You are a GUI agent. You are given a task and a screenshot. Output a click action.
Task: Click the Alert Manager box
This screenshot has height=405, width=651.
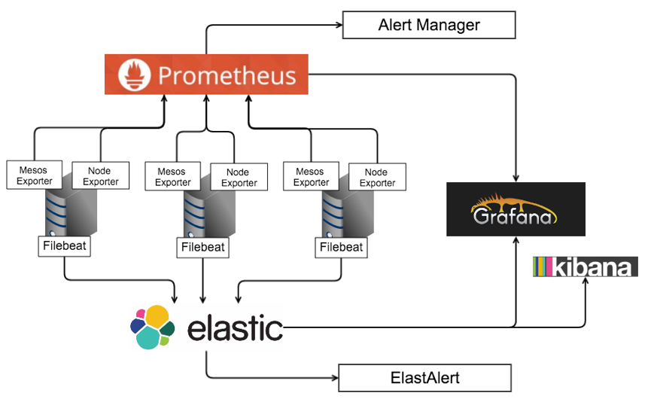tap(429, 25)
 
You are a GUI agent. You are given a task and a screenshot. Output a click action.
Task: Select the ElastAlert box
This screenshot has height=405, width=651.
tap(424, 378)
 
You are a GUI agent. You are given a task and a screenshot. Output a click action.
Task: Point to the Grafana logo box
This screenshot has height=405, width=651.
tap(516, 209)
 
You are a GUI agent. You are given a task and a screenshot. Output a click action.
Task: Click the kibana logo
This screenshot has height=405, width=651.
tap(585, 266)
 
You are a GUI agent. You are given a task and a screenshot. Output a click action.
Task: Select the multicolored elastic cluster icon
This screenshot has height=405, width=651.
tap(152, 327)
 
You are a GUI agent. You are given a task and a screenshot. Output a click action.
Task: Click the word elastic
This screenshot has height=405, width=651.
tap(235, 327)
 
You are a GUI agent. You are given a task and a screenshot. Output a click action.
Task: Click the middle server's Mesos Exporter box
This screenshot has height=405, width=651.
tap(173, 177)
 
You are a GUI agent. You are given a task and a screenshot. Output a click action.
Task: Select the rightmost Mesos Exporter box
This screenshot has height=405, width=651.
tap(312, 177)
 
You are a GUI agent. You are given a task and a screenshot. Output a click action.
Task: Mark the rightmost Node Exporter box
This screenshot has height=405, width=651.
tap(377, 178)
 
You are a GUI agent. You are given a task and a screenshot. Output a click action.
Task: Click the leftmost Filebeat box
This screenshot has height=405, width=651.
tap(65, 246)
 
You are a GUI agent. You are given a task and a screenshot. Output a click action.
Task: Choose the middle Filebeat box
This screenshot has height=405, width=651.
tap(203, 247)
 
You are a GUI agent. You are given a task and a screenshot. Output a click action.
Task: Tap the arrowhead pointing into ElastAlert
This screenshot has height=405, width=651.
tap(333, 378)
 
